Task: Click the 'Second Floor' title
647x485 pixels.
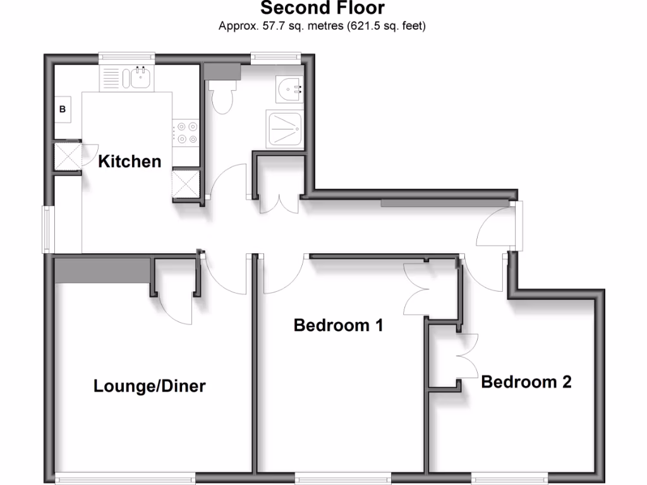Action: pyautogui.click(x=322, y=9)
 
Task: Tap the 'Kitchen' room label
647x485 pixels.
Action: pyautogui.click(x=130, y=162)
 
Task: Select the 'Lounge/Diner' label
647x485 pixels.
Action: pyautogui.click(x=150, y=386)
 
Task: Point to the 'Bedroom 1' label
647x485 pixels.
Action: pyautogui.click(x=339, y=326)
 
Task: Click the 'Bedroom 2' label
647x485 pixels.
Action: pyautogui.click(x=526, y=382)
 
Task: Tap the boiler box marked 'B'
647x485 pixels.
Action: pyautogui.click(x=63, y=109)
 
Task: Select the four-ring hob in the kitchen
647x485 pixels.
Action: pyautogui.click(x=187, y=132)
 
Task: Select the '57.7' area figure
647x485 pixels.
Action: pyautogui.click(x=268, y=27)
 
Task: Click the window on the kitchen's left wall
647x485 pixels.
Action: pyautogui.click(x=47, y=229)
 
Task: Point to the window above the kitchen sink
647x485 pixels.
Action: pyautogui.click(x=126, y=57)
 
